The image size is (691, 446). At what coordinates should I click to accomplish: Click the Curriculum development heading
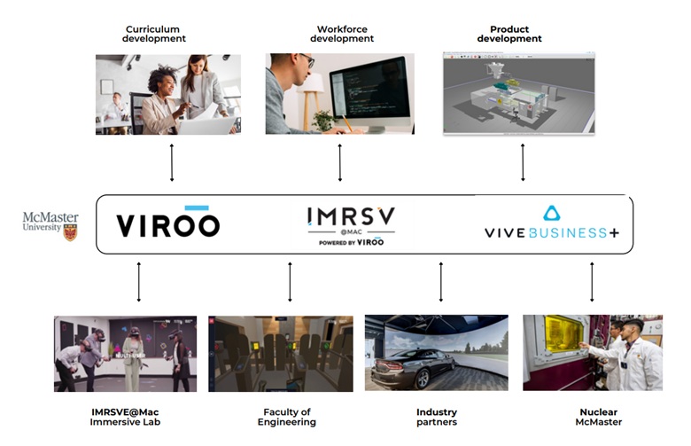pos(155,34)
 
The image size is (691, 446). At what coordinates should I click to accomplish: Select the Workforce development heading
pos(345,34)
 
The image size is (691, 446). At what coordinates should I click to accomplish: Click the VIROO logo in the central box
pos(167,223)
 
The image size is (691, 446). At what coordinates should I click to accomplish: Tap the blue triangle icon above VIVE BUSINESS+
pos(551,213)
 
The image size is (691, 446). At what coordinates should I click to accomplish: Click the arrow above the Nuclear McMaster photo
pos(592,280)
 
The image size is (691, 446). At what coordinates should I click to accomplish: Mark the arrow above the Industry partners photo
pos(441,280)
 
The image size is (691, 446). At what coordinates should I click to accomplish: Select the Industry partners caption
pos(437,417)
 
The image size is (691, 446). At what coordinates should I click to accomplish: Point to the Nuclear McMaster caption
pos(599,417)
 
